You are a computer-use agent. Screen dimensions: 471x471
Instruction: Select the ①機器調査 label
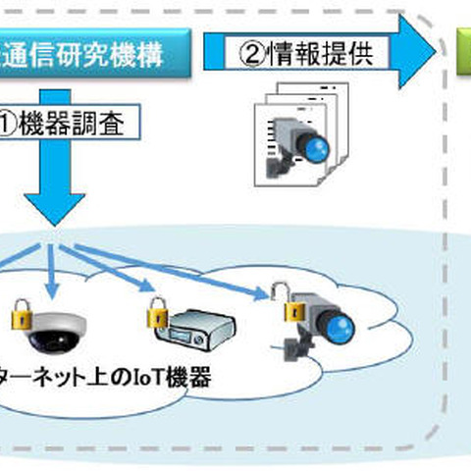coord(74,126)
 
